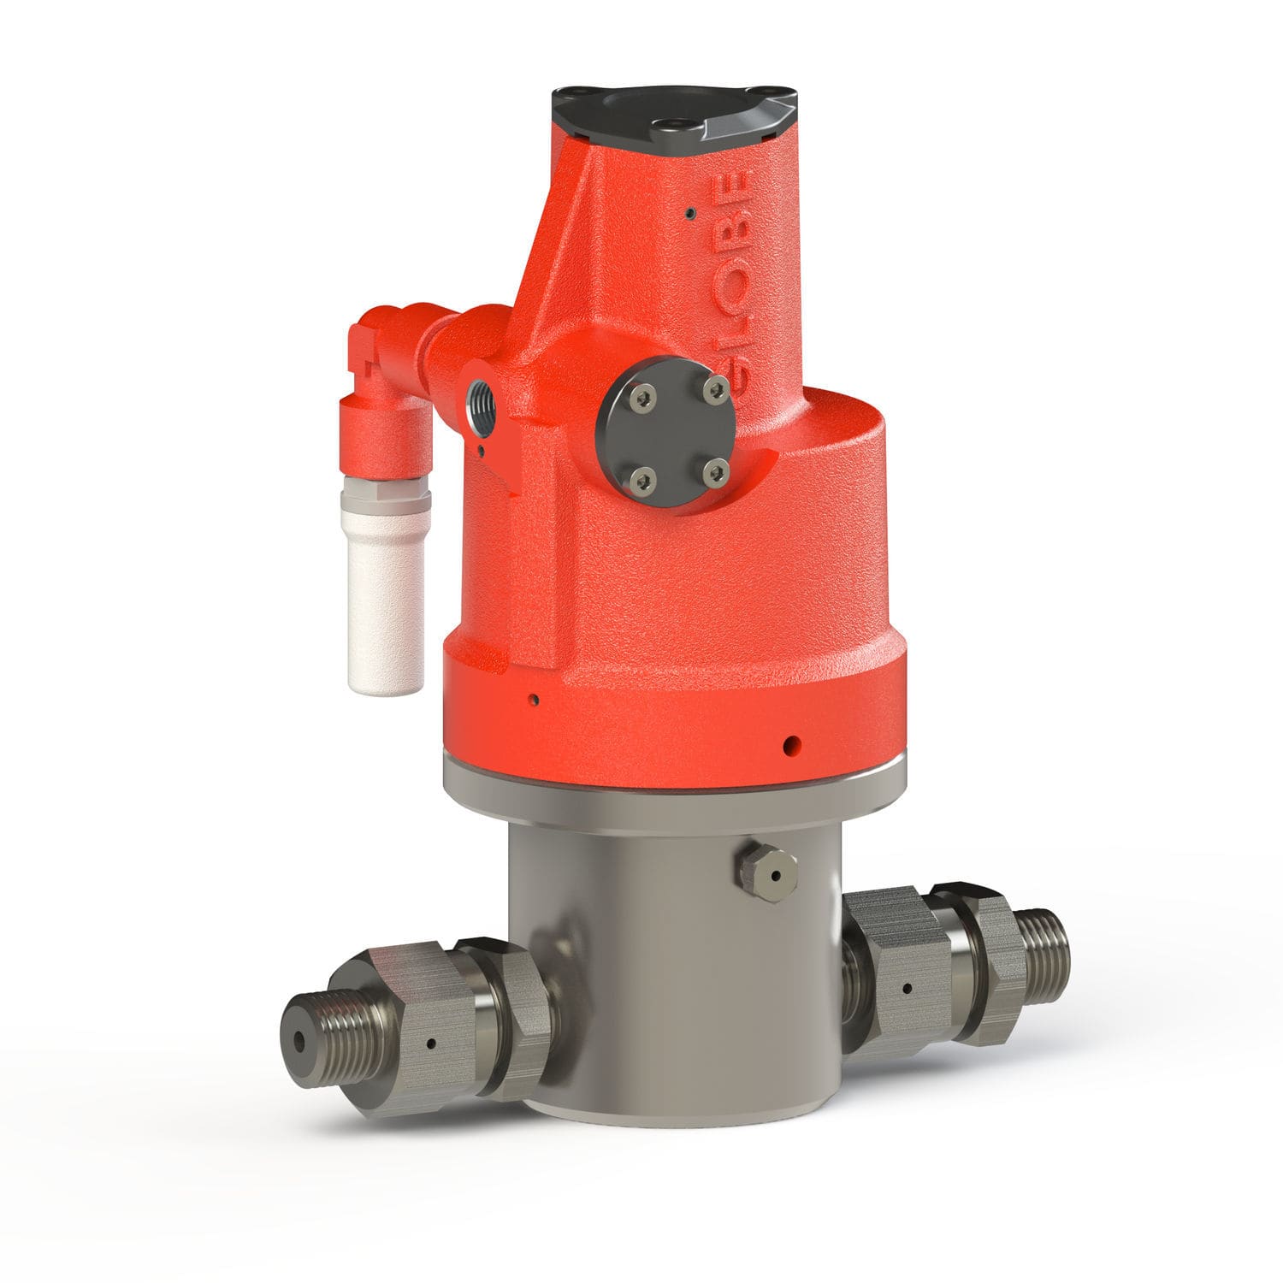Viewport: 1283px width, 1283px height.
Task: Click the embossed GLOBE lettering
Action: click(x=734, y=282)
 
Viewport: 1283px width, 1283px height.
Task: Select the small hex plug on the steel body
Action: click(x=766, y=874)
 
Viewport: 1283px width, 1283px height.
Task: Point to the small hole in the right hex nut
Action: click(x=904, y=989)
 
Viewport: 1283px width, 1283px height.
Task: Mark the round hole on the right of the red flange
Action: click(x=794, y=742)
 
